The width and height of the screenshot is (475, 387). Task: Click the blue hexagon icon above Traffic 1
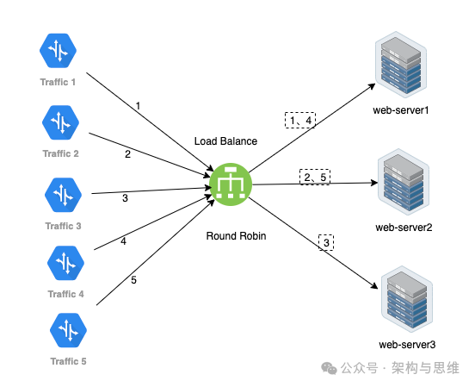(x=58, y=50)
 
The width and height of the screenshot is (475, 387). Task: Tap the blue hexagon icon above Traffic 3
(x=63, y=195)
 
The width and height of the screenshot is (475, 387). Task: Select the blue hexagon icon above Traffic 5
(x=68, y=330)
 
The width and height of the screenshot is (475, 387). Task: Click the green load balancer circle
(x=231, y=184)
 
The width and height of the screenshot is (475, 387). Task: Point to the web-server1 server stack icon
(x=401, y=65)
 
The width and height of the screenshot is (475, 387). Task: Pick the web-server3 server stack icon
(x=407, y=299)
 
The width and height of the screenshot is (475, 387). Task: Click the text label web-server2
(x=404, y=228)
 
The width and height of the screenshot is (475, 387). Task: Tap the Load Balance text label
(x=225, y=141)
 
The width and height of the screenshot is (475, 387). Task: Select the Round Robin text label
(x=237, y=236)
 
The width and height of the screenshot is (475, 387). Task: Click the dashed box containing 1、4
(x=300, y=120)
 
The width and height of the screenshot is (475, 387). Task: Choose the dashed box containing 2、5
(x=315, y=177)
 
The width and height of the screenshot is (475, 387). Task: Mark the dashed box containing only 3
(x=326, y=242)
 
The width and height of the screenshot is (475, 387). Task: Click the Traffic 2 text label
(x=60, y=153)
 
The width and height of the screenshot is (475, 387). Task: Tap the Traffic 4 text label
(x=65, y=294)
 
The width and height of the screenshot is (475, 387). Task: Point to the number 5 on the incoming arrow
(x=133, y=280)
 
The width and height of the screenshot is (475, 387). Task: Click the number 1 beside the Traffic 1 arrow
(x=139, y=106)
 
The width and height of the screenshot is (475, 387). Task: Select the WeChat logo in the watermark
(x=329, y=368)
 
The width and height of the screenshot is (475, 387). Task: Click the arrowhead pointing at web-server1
(x=372, y=86)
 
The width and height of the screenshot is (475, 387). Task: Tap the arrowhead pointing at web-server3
(x=374, y=286)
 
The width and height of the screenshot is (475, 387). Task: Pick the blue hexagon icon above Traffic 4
(x=65, y=263)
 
